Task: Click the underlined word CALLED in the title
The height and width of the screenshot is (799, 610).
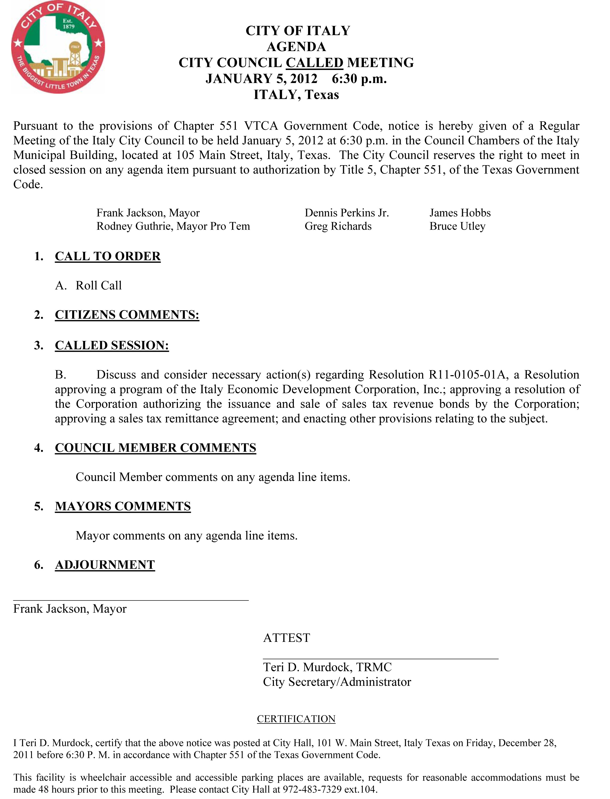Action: click(314, 63)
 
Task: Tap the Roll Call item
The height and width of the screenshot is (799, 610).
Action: click(99, 285)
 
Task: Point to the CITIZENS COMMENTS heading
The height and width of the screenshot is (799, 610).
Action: click(127, 315)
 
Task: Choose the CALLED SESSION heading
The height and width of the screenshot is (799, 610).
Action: click(112, 345)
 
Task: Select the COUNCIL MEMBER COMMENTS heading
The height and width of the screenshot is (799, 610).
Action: click(155, 448)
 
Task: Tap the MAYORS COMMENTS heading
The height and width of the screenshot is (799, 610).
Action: click(123, 506)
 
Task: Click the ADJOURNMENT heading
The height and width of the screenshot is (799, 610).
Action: click(105, 565)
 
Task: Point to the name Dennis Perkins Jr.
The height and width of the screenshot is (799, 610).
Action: click(347, 213)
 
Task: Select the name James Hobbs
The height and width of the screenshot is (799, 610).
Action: click(460, 213)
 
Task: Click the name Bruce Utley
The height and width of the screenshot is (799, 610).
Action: click(457, 226)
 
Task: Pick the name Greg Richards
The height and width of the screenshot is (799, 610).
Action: click(338, 226)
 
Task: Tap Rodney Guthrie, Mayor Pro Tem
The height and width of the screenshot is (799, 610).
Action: click(173, 226)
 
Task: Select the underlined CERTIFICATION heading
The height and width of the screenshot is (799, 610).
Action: click(296, 719)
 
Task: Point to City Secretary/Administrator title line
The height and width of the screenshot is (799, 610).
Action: click(337, 682)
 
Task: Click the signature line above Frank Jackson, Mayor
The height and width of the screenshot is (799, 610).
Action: click(131, 600)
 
